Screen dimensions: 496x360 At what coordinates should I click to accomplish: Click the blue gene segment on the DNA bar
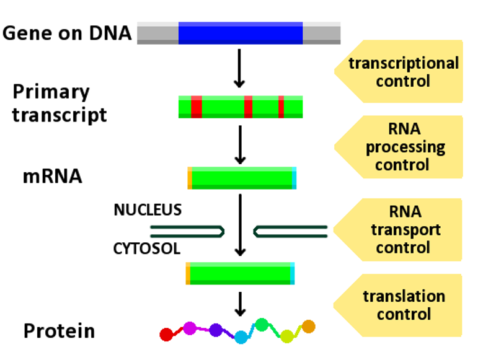pyautogui.click(x=241, y=33)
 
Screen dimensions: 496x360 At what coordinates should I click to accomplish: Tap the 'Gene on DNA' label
pyautogui.click(x=67, y=33)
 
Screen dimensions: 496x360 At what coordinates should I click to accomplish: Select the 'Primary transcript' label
pyautogui.click(x=60, y=103)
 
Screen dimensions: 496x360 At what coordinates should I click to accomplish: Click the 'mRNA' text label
pyautogui.click(x=53, y=177)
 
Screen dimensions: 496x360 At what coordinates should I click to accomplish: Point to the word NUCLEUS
pyautogui.click(x=148, y=210)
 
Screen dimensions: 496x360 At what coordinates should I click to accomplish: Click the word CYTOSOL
pyautogui.click(x=147, y=248)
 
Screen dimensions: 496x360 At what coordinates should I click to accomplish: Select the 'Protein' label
pyautogui.click(x=59, y=331)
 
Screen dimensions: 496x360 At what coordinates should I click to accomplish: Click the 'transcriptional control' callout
pyautogui.click(x=399, y=71)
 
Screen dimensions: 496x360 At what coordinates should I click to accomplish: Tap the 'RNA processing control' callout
pyautogui.click(x=399, y=147)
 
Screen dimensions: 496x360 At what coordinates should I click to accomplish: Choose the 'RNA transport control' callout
pyautogui.click(x=398, y=230)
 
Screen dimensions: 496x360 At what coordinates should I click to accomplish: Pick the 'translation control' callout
pyautogui.click(x=398, y=305)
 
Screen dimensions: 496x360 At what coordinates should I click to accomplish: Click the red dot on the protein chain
pyautogui.click(x=166, y=335)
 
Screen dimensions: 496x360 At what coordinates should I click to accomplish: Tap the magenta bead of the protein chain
pyautogui.click(x=190, y=328)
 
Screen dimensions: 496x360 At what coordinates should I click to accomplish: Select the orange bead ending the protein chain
pyautogui.click(x=308, y=327)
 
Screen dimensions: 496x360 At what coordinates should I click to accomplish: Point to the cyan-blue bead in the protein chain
pyautogui.click(x=241, y=337)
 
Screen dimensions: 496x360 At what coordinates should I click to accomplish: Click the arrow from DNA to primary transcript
pyautogui.click(x=239, y=68)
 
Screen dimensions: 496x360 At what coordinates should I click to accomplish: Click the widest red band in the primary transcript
pyautogui.click(x=197, y=107)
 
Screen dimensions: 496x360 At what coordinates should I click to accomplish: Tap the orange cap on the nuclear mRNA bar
pyautogui.click(x=190, y=178)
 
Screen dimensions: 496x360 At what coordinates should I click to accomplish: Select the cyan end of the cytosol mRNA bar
pyautogui.click(x=292, y=273)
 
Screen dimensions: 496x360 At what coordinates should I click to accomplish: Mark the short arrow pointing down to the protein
pyautogui.click(x=241, y=304)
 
